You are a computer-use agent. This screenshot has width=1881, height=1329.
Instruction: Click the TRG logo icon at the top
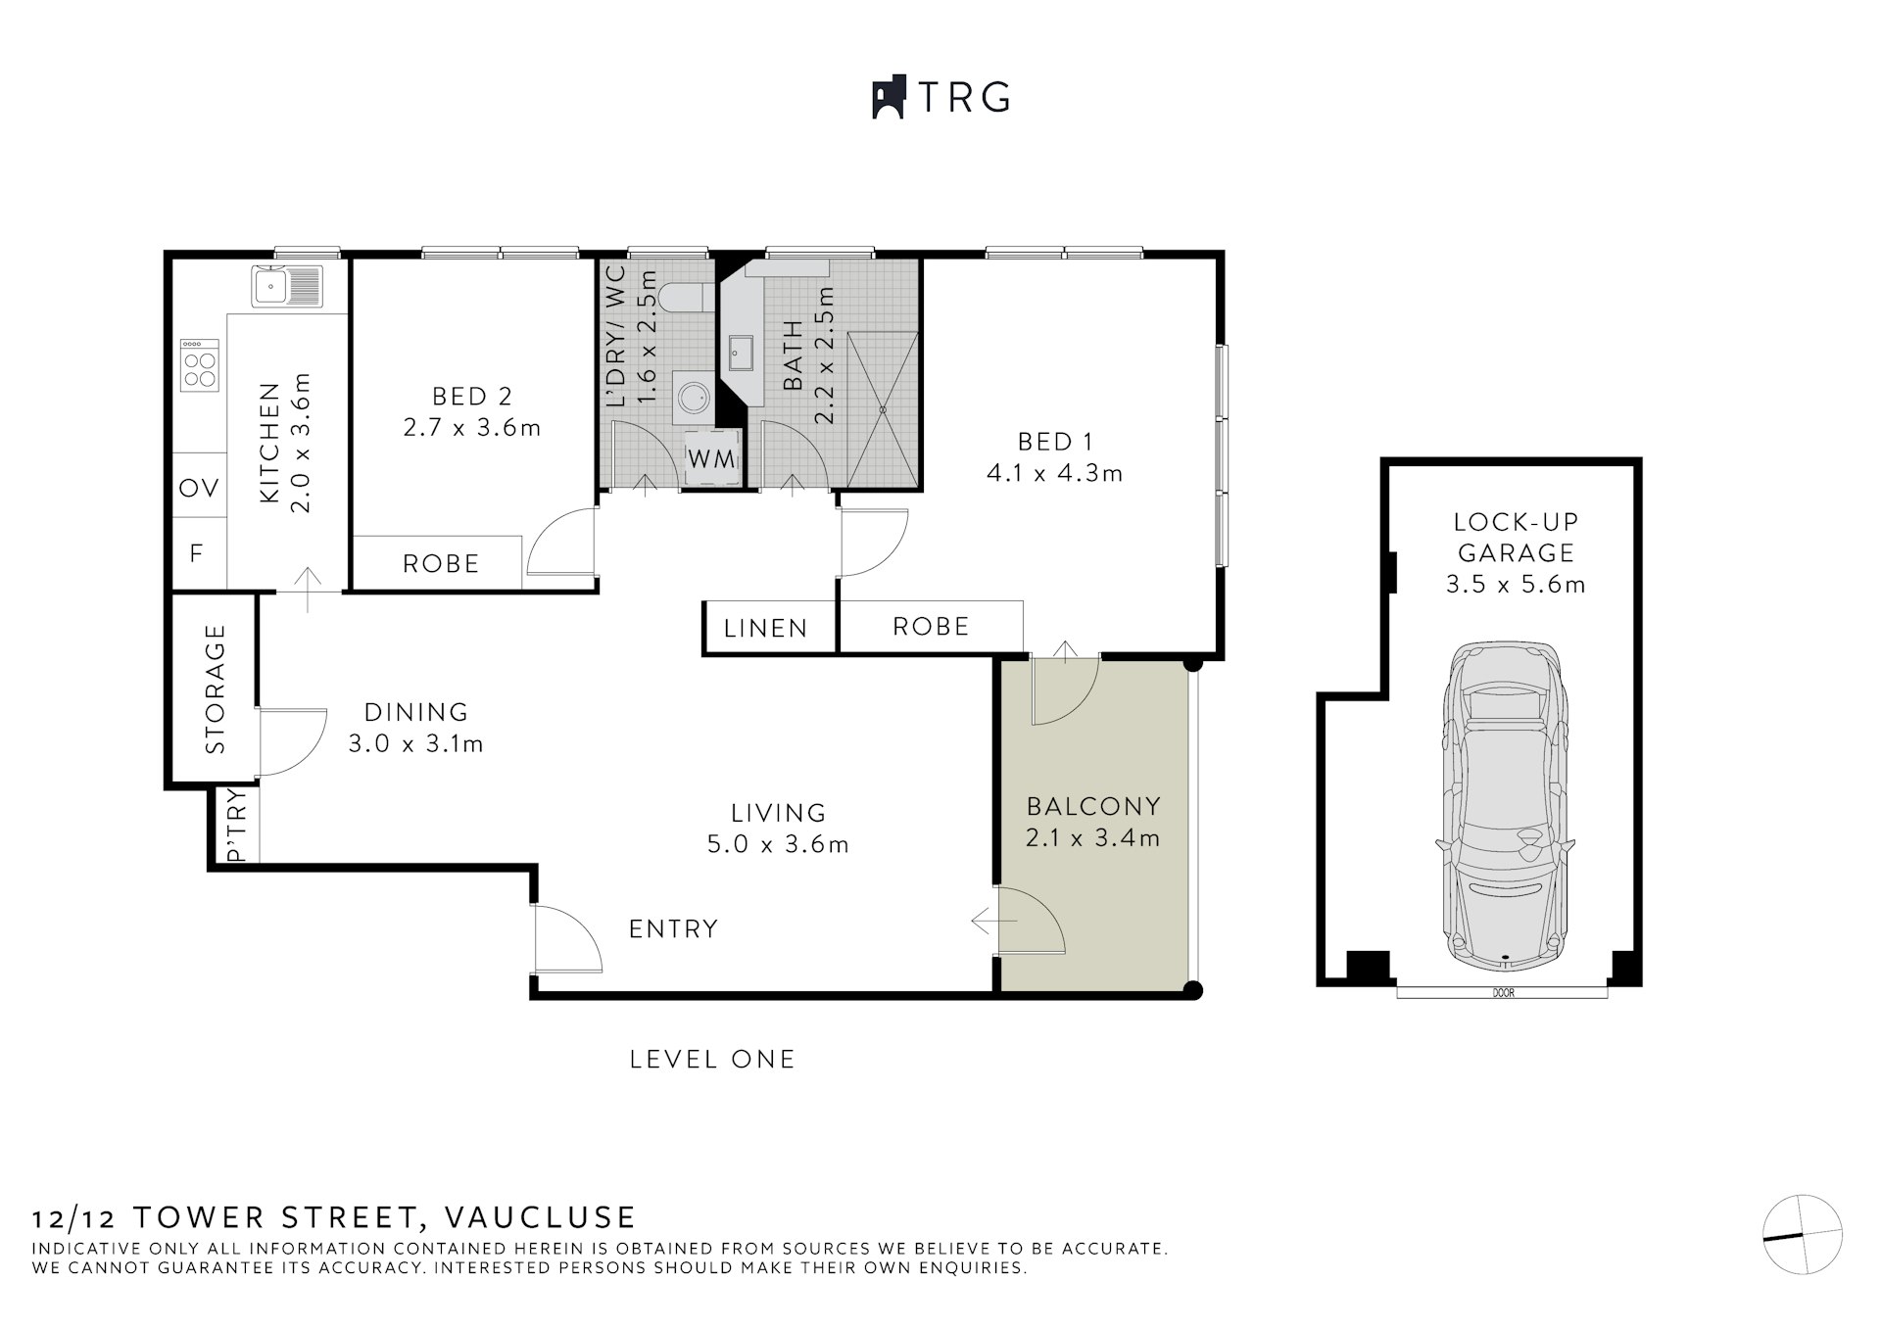tap(888, 98)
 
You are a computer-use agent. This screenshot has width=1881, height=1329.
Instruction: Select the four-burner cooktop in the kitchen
tap(200, 367)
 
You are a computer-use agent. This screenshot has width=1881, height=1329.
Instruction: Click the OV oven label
tap(199, 487)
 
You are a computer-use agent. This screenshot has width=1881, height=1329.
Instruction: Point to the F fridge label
tap(197, 553)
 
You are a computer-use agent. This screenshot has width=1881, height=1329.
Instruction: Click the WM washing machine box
tap(710, 458)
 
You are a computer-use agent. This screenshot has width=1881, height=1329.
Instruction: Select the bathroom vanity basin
tap(739, 354)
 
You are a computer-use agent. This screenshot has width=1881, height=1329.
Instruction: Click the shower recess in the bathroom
tap(883, 409)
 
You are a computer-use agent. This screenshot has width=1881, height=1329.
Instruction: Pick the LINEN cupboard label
tap(766, 628)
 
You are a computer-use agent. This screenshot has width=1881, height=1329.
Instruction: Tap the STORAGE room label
tap(216, 688)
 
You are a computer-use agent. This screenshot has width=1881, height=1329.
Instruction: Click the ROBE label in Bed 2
tap(441, 564)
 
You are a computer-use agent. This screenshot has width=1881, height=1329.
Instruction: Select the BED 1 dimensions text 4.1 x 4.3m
tap(1054, 474)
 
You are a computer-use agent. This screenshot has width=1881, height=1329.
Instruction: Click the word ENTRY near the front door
tap(673, 928)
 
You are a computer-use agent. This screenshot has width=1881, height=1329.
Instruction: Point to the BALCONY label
tap(1093, 807)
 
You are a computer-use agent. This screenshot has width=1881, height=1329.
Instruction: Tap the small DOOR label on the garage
tap(1503, 992)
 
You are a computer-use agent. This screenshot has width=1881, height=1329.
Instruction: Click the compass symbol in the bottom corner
tap(1802, 1234)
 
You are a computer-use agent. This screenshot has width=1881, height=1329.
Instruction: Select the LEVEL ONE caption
tap(712, 1060)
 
